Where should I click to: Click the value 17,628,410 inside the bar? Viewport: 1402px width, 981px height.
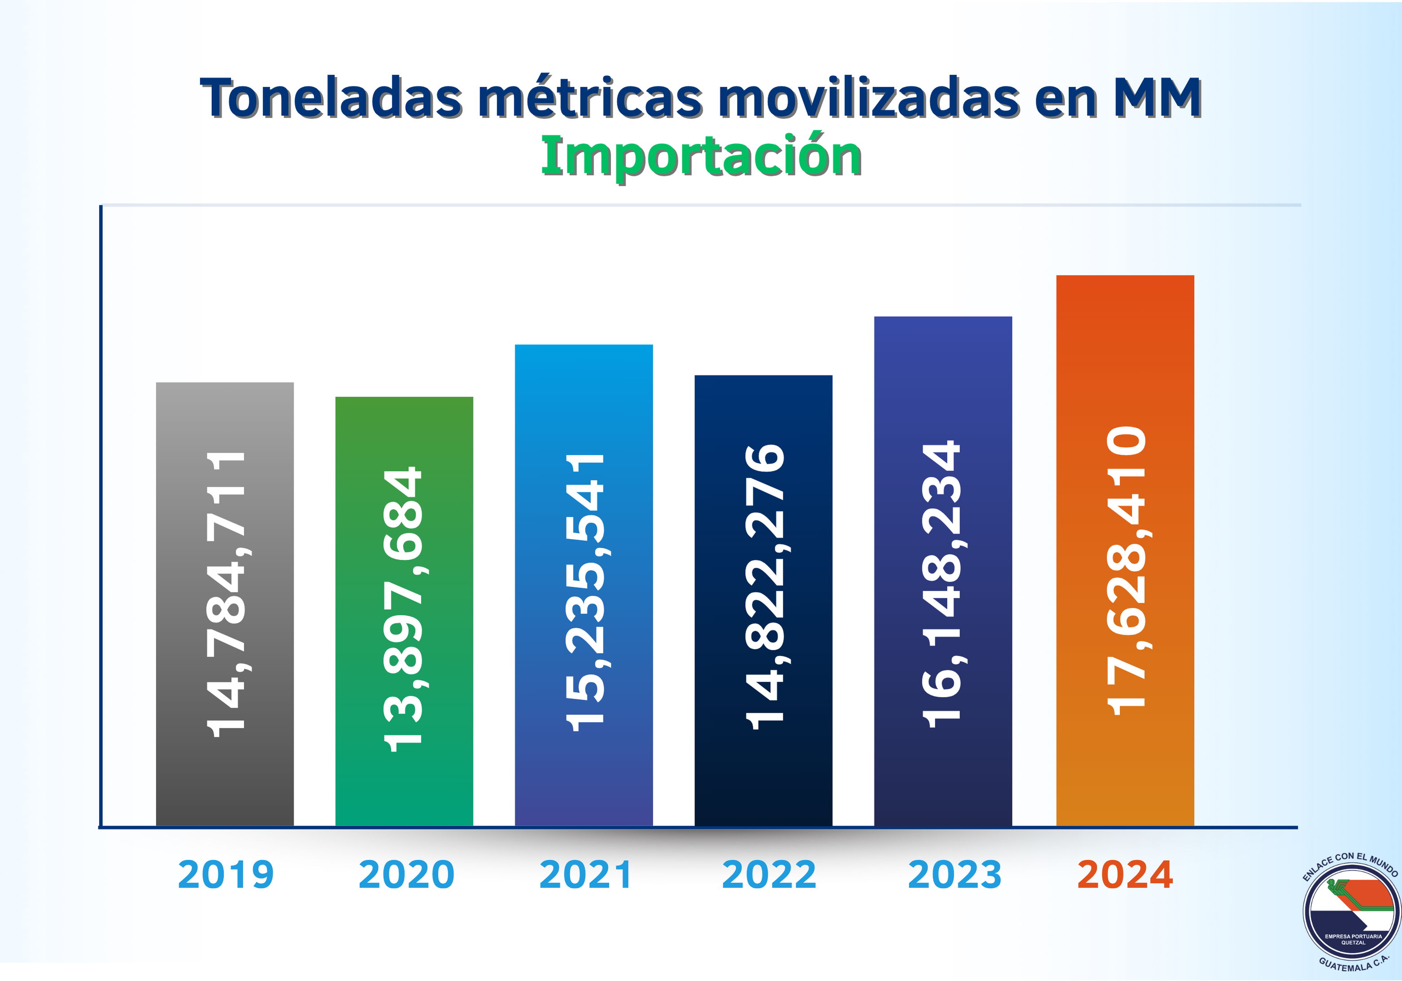1127,571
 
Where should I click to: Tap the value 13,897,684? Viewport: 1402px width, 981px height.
403,609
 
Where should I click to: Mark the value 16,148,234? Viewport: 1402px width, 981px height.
942,584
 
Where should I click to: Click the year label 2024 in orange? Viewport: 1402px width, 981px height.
1125,875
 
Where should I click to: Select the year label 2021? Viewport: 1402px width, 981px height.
585,875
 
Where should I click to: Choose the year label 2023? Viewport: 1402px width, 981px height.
954,875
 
